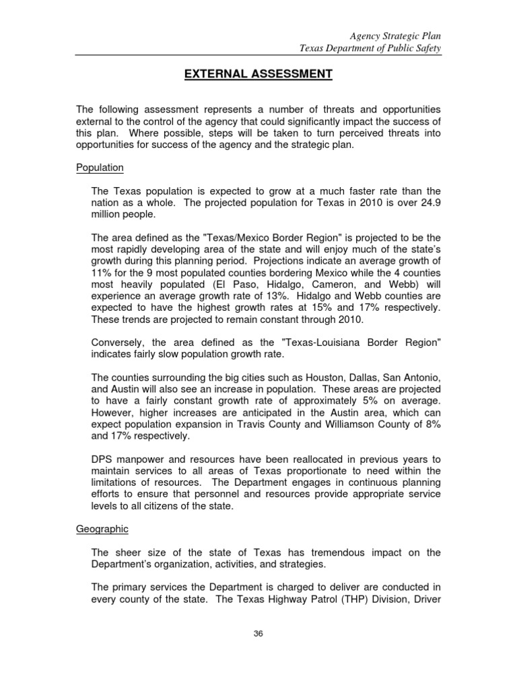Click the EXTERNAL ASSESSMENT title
click(x=258, y=74)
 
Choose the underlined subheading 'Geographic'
click(x=101, y=529)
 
